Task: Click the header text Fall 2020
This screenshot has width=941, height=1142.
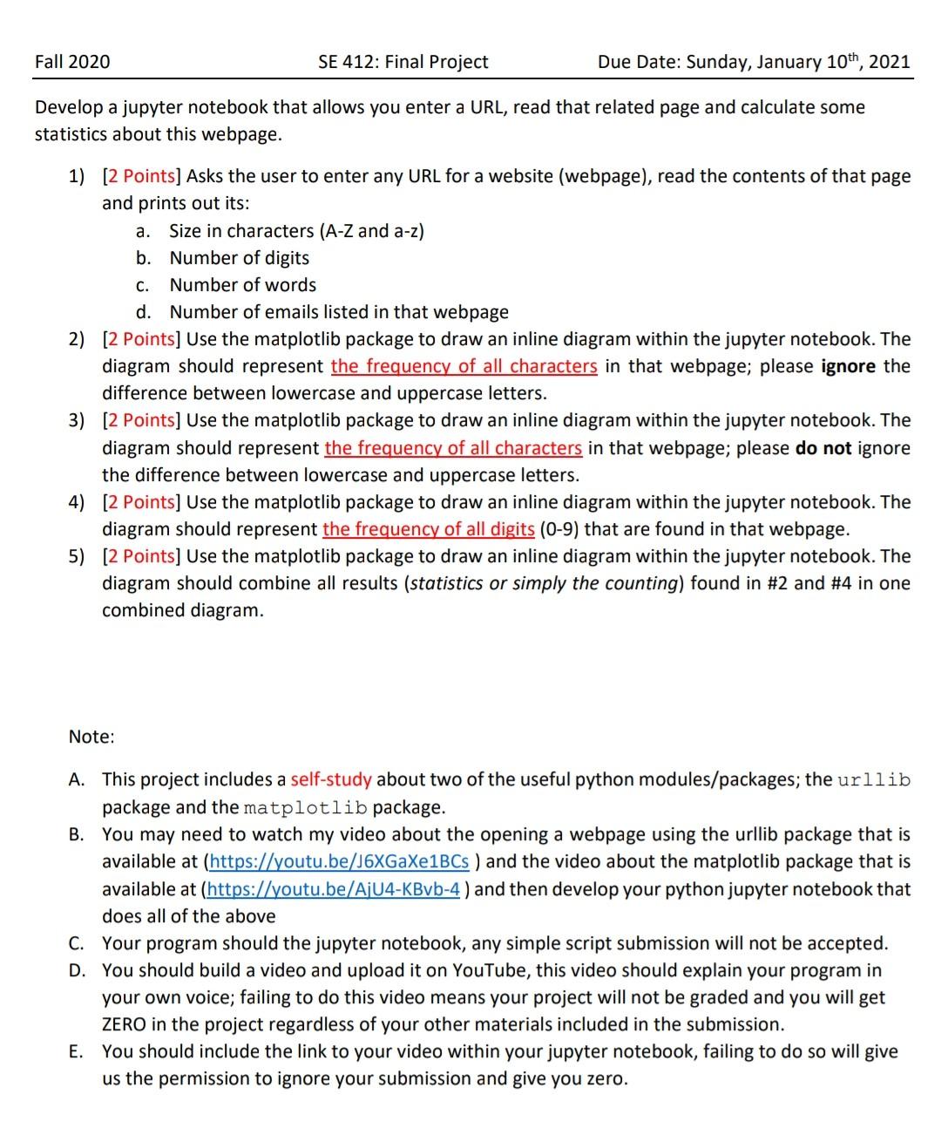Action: tap(72, 62)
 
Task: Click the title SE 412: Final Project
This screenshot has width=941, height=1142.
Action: tap(403, 62)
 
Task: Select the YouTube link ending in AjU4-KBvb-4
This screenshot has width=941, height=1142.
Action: tap(335, 890)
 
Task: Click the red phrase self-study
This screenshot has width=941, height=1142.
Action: tap(331, 779)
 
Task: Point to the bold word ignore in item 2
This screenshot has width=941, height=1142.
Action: tap(848, 366)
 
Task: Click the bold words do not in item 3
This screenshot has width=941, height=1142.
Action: tap(823, 448)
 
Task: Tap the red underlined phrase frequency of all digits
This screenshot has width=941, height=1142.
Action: tap(428, 529)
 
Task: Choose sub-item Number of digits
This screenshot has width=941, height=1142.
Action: tap(239, 258)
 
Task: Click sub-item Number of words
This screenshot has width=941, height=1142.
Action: tap(242, 285)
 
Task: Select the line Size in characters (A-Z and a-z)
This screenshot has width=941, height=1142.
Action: tap(296, 231)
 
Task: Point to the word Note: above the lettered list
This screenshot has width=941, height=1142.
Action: tap(91, 738)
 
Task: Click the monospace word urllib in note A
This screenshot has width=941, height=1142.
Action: tap(873, 780)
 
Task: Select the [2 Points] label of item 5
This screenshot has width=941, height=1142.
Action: tap(141, 556)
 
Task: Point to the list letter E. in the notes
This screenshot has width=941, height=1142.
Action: tap(77, 1051)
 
